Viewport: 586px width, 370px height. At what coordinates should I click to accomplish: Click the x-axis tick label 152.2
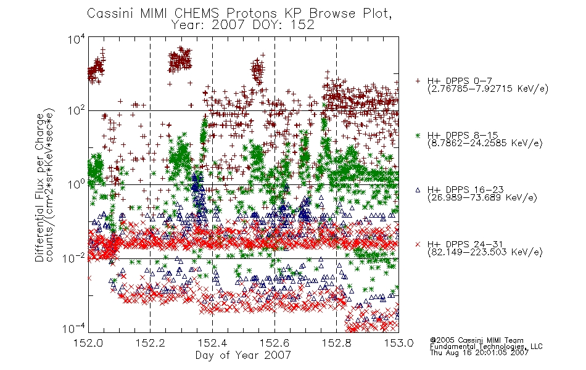[151, 343]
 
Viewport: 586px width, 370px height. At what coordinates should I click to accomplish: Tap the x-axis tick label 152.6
[274, 343]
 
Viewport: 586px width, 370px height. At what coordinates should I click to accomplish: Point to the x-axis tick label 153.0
[398, 343]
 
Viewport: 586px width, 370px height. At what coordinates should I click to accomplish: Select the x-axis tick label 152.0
[88, 343]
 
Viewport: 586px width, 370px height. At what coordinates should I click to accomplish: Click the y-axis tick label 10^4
[76, 39]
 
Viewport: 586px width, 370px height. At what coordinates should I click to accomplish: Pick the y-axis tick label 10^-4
[73, 329]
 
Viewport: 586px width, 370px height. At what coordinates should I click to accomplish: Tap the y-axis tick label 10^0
[76, 184]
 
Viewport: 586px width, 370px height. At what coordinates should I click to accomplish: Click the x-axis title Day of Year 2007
[243, 355]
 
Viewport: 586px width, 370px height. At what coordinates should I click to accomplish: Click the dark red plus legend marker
[418, 81]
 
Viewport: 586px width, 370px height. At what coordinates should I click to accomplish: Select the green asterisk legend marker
[418, 135]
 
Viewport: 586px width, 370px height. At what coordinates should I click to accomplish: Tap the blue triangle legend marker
[418, 190]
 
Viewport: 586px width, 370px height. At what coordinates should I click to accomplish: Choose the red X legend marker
[418, 244]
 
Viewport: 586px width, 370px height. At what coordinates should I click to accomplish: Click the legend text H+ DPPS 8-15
[463, 135]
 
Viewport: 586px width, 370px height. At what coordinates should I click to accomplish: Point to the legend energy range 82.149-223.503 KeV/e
[485, 252]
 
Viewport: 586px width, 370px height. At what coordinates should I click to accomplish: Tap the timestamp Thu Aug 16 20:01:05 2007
[479, 352]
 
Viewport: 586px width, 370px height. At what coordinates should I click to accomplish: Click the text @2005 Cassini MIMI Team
[476, 340]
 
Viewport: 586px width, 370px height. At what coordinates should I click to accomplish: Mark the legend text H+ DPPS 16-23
[466, 190]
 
